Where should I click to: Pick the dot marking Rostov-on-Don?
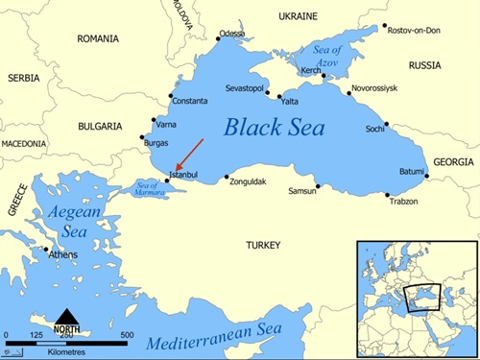tap(384, 27)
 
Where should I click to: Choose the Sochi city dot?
tap(387, 124)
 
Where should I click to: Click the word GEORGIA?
tap(453, 162)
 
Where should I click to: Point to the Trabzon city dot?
tap(388, 196)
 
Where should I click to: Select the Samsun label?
tap(302, 191)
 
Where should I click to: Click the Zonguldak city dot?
tap(227, 177)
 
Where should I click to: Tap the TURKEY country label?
tap(263, 245)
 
